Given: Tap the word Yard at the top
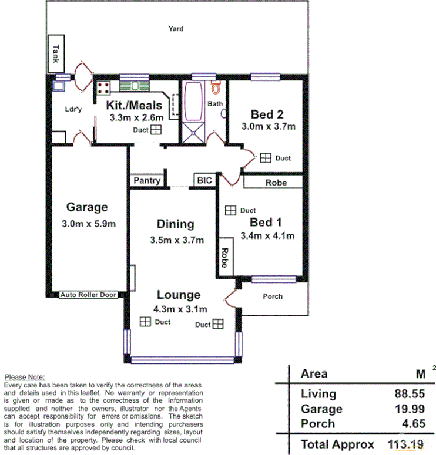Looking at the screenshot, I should [x=176, y=28].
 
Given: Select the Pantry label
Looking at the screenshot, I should [x=147, y=180].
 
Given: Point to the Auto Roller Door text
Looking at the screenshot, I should [x=88, y=295].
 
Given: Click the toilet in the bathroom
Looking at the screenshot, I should [x=216, y=89].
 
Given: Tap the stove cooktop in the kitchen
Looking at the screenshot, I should [x=104, y=88].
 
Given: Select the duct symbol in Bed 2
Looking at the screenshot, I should [x=266, y=158].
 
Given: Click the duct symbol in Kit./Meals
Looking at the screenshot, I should [x=156, y=130].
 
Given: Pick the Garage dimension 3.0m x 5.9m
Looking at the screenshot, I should [x=88, y=223].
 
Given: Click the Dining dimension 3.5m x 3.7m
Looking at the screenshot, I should [x=176, y=240].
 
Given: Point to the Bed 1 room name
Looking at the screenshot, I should [x=266, y=222].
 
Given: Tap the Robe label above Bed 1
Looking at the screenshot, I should [x=276, y=183].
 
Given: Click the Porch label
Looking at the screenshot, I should [x=273, y=296].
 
